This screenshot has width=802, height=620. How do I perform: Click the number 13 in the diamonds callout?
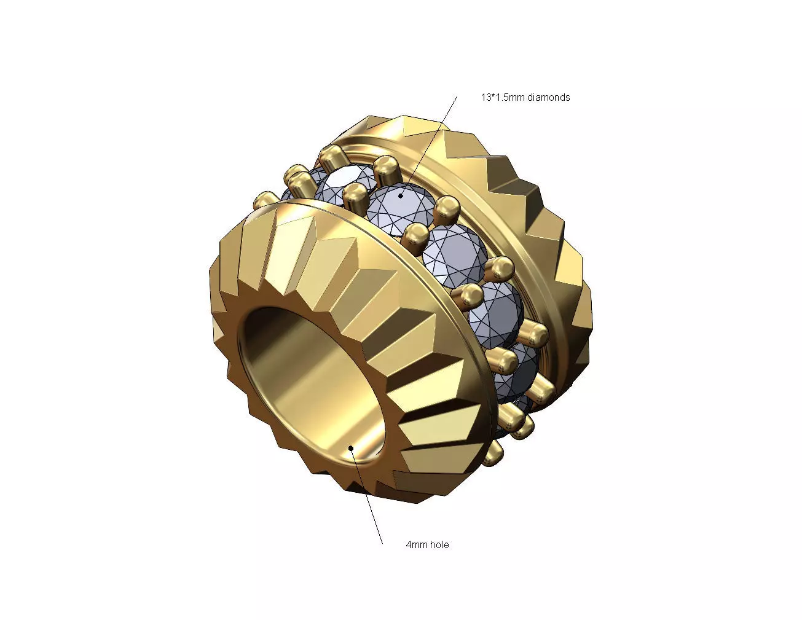[486, 97]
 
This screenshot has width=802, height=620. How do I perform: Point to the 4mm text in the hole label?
[416, 544]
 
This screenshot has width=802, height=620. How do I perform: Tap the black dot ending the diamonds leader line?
[401, 196]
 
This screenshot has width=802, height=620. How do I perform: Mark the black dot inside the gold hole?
[350, 447]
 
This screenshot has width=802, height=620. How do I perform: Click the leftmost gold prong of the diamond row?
[265, 199]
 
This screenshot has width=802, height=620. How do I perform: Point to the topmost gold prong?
[332, 154]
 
